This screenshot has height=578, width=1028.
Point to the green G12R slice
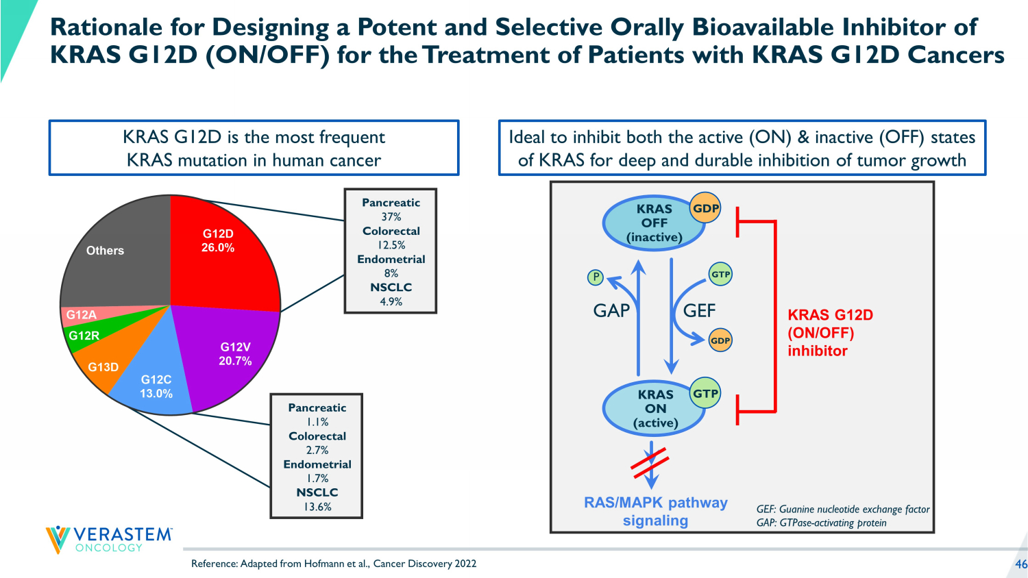click(x=84, y=336)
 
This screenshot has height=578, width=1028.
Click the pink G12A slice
click(x=82, y=315)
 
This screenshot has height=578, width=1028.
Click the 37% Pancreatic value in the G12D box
click(x=391, y=217)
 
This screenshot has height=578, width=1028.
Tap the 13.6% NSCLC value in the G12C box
click(x=317, y=507)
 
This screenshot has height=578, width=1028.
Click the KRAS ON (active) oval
click(x=654, y=409)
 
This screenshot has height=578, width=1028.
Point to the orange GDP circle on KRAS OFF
click(x=705, y=208)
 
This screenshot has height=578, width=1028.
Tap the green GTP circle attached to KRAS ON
click(x=705, y=394)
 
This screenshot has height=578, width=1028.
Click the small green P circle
click(x=596, y=277)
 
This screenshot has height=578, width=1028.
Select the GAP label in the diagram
click(x=611, y=311)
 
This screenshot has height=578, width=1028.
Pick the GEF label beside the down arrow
click(x=699, y=311)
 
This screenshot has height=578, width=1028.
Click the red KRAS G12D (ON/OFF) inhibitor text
click(x=830, y=333)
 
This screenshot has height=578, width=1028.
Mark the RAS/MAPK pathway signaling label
click(x=655, y=512)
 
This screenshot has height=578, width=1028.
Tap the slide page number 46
click(x=1020, y=564)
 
